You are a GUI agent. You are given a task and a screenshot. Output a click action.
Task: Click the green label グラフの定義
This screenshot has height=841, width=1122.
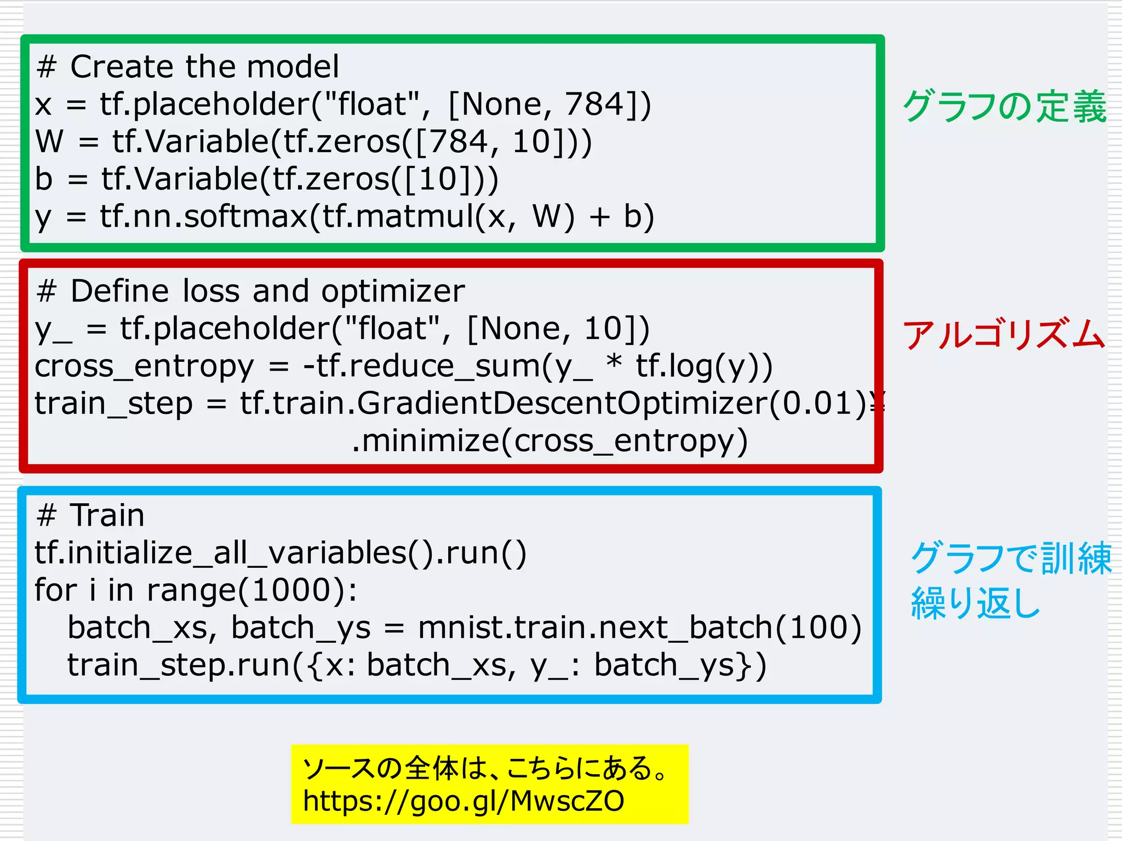[x=1004, y=106]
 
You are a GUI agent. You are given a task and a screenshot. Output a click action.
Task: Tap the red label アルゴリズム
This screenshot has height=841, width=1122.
[x=1004, y=335]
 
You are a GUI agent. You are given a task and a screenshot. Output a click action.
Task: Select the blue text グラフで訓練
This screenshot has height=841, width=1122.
[x=1010, y=558]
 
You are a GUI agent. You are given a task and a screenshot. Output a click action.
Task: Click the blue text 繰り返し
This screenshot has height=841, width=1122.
[x=975, y=603]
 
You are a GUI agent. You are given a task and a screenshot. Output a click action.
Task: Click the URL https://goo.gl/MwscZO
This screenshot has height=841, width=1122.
[x=463, y=801]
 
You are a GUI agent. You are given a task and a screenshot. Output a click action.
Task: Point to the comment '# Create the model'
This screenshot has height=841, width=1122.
[x=188, y=67]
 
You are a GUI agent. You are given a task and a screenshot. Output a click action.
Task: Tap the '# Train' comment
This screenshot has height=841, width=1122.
[x=90, y=515]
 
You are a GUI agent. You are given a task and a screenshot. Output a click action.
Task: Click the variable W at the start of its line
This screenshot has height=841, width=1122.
[x=49, y=141]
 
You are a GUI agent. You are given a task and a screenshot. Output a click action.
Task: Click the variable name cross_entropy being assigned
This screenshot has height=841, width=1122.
[x=144, y=366]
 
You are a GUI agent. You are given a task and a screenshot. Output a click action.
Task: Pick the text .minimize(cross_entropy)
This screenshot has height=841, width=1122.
[x=549, y=441]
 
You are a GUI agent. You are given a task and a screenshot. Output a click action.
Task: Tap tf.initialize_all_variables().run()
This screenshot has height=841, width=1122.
[x=280, y=553]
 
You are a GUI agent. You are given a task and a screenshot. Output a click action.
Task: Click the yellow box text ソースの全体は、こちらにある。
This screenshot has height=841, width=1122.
[x=485, y=768]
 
